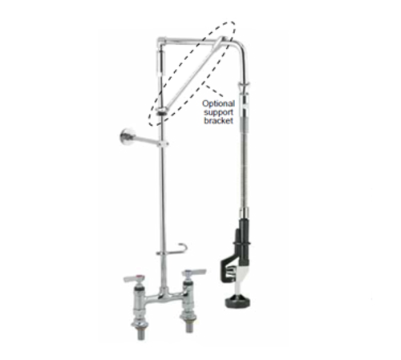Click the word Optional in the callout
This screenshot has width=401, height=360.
click(x=218, y=103)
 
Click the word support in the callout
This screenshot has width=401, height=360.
click(x=218, y=112)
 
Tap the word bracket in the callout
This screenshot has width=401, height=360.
click(x=218, y=120)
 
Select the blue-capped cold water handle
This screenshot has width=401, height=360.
click(x=193, y=273)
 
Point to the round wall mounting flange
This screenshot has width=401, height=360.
click(x=125, y=137)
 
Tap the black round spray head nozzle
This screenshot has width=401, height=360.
click(x=237, y=302)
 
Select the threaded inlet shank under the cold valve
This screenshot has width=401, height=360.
click(x=189, y=327)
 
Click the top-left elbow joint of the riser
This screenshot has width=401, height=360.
click(x=161, y=41)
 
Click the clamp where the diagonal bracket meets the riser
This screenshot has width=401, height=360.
click(x=161, y=110)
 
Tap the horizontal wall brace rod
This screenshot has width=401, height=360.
click(x=146, y=140)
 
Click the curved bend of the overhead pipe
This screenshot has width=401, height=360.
click(x=239, y=46)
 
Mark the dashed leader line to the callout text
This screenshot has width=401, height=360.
click(x=214, y=91)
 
